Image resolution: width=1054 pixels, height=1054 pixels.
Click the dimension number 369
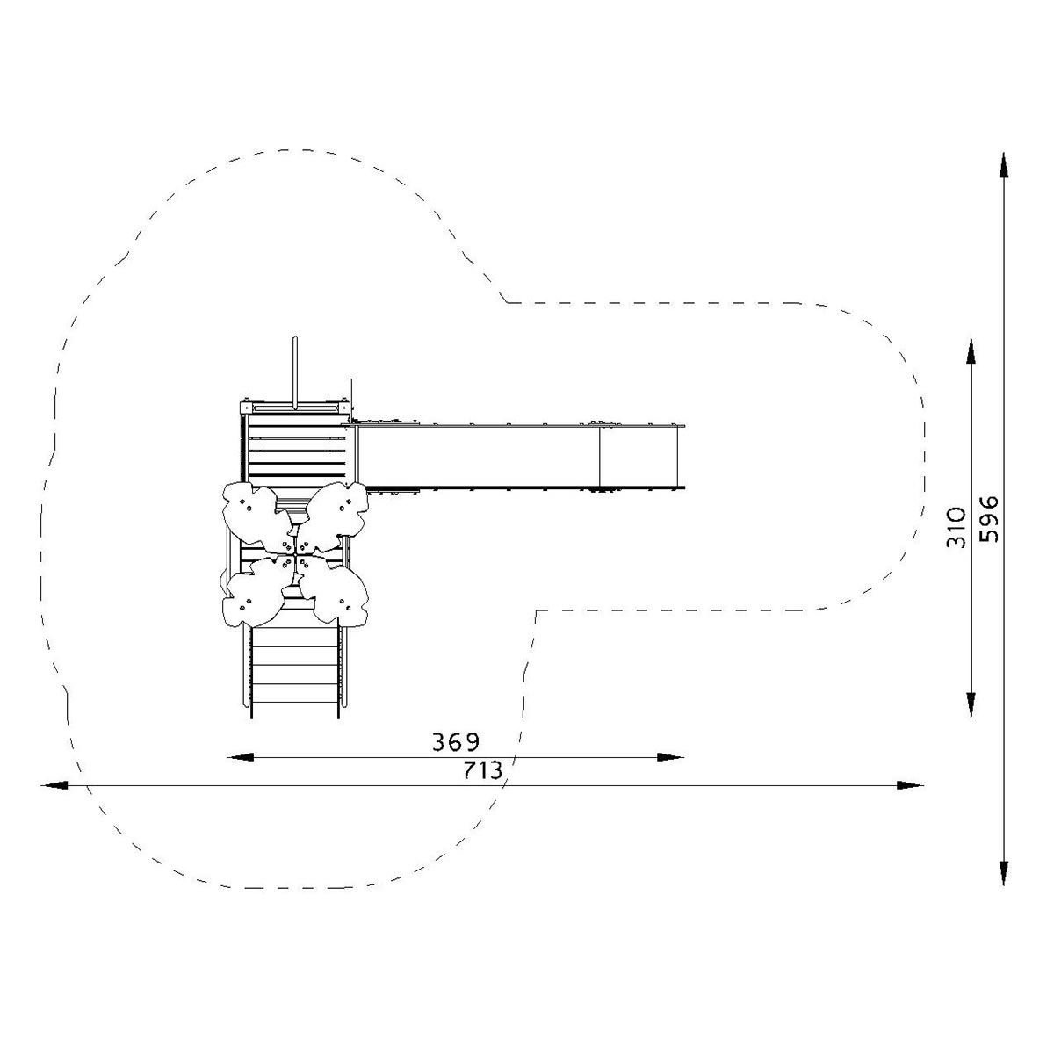(456, 742)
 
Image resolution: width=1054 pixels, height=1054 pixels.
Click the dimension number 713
(482, 770)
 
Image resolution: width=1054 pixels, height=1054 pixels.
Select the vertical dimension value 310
(957, 529)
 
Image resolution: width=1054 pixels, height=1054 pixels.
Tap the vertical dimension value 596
(988, 519)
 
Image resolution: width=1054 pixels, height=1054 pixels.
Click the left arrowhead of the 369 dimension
(240, 757)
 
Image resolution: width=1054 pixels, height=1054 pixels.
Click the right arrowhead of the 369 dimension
(670, 757)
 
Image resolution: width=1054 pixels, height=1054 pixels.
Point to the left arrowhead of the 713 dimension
(54, 785)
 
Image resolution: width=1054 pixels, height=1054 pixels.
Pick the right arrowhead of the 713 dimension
(910, 785)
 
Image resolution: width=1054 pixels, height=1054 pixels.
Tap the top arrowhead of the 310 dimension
(971, 351)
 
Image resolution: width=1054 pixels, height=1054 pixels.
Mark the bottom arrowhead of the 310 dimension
(971, 704)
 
